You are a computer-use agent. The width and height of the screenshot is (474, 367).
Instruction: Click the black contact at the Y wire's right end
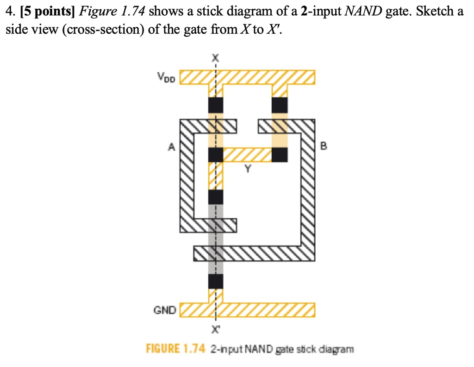pyautogui.click(x=279, y=155)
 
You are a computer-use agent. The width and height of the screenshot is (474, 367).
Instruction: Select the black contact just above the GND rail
pyautogui.click(x=215, y=281)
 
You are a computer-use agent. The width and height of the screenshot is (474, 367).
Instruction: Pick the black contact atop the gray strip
pyautogui.click(x=215, y=197)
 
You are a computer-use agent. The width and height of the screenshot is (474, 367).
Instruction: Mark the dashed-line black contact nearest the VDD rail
pyautogui.click(x=215, y=105)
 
